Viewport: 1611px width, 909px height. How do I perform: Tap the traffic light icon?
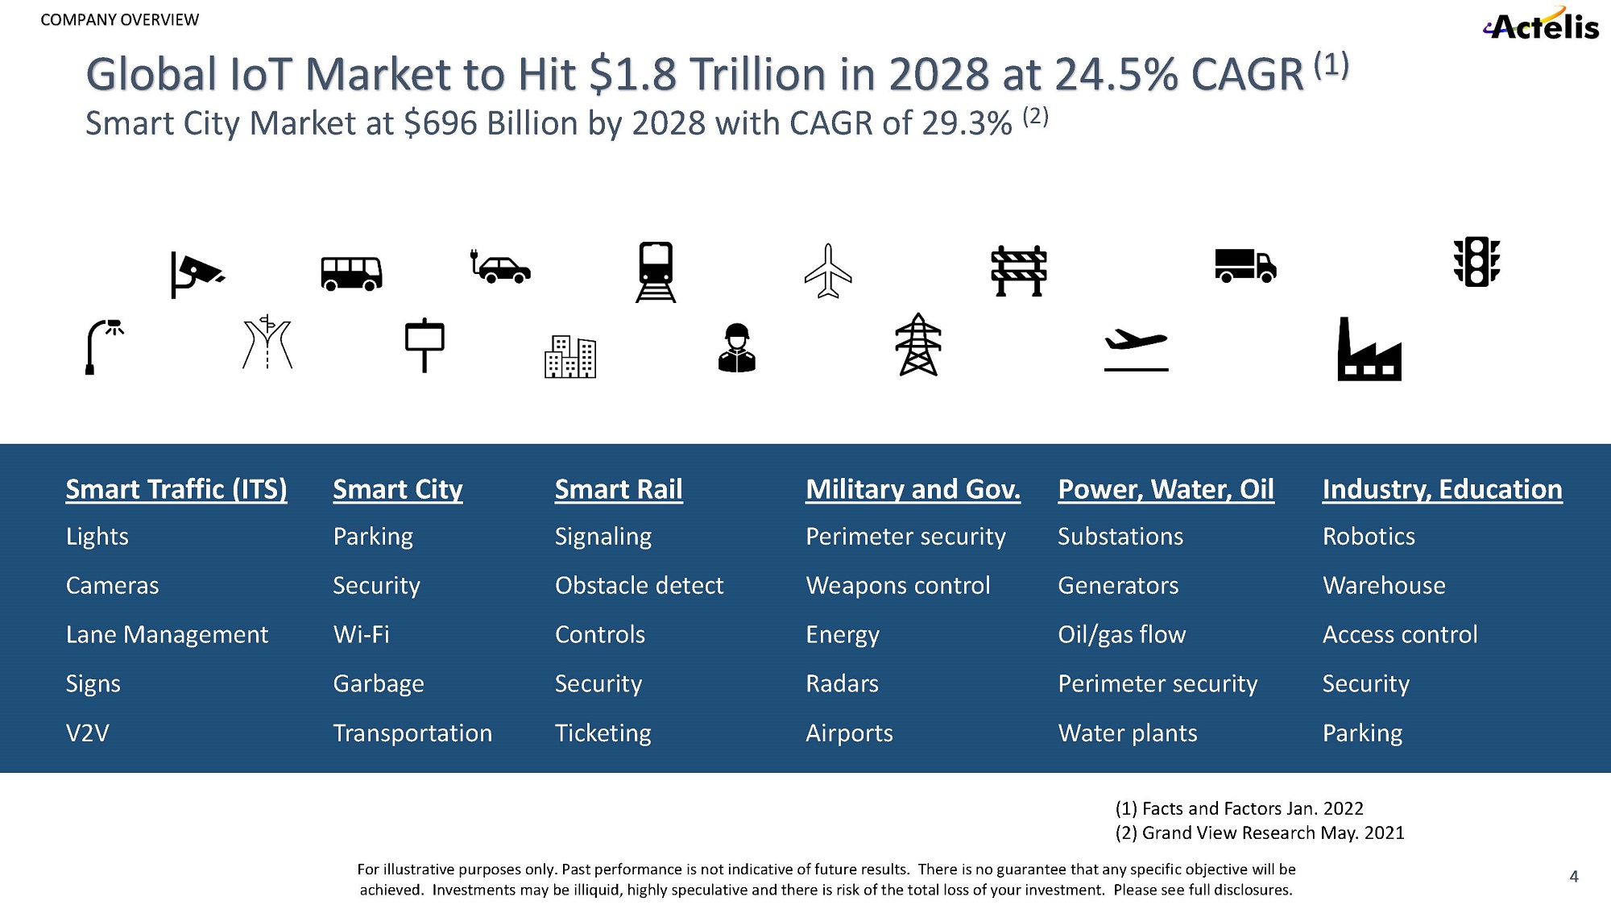[x=1476, y=262]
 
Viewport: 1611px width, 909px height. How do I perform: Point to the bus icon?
[x=351, y=273]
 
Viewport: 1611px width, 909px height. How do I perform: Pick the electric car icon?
[x=501, y=267]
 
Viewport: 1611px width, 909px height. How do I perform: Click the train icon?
[x=656, y=272]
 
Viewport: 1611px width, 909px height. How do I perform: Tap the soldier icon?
[x=736, y=348]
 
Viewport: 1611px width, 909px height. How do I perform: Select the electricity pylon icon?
[x=918, y=345]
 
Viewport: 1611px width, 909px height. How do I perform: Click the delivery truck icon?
[x=1245, y=266]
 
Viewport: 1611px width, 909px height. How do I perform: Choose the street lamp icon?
[x=102, y=347]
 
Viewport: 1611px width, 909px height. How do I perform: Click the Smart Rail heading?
[x=619, y=489]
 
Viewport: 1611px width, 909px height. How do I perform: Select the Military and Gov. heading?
[x=913, y=489]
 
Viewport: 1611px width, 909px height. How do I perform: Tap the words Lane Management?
[x=167, y=635]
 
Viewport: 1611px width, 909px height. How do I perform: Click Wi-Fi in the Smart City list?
[x=362, y=635]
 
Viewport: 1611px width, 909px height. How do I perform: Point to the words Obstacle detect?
[x=639, y=586]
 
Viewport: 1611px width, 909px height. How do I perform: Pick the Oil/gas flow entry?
[x=1121, y=635]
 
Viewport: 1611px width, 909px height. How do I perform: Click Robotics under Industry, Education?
[x=1369, y=537]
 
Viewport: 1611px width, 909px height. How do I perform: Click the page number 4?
[x=1573, y=876]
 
